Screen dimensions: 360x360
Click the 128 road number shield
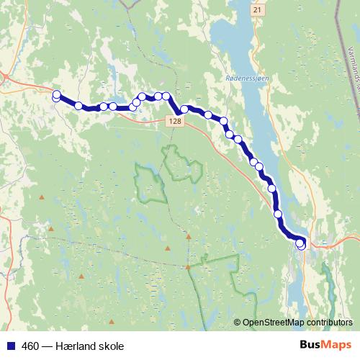click(x=177, y=122)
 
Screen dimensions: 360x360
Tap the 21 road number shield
click(x=257, y=10)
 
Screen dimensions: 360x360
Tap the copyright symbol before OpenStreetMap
click(x=238, y=323)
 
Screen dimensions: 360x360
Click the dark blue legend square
click(x=9, y=346)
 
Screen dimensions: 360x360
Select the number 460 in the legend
click(x=31, y=346)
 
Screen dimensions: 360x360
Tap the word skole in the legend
click(x=115, y=346)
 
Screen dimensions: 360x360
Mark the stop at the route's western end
click(x=57, y=94)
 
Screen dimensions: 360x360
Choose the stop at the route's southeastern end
click(x=301, y=246)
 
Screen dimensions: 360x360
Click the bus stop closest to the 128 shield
click(x=184, y=109)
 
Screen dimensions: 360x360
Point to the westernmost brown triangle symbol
click(x=42, y=197)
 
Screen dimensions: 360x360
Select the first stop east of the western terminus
click(x=78, y=106)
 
